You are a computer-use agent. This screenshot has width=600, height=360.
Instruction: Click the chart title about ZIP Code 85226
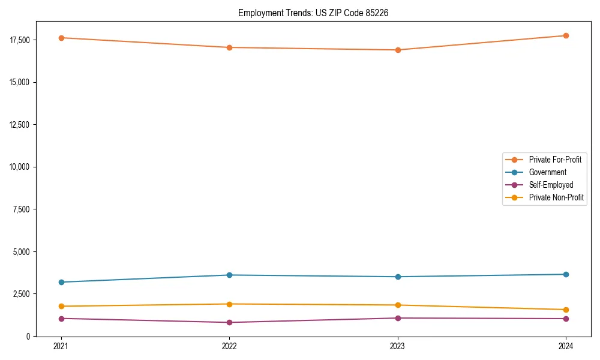(313, 13)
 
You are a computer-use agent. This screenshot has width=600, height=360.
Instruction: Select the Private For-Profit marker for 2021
(61, 38)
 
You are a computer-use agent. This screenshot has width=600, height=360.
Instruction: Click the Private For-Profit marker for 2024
(566, 35)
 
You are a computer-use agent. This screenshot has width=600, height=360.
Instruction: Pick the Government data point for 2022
(229, 275)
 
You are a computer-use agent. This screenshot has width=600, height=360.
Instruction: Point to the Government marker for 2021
(61, 282)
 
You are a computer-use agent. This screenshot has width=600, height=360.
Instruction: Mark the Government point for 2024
(566, 274)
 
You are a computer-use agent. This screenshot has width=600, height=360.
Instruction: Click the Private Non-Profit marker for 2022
(229, 304)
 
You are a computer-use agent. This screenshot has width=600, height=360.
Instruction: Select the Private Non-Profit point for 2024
(566, 310)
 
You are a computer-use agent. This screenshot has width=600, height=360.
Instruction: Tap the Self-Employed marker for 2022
(229, 322)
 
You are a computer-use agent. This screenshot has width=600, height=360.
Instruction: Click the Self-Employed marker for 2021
(61, 319)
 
